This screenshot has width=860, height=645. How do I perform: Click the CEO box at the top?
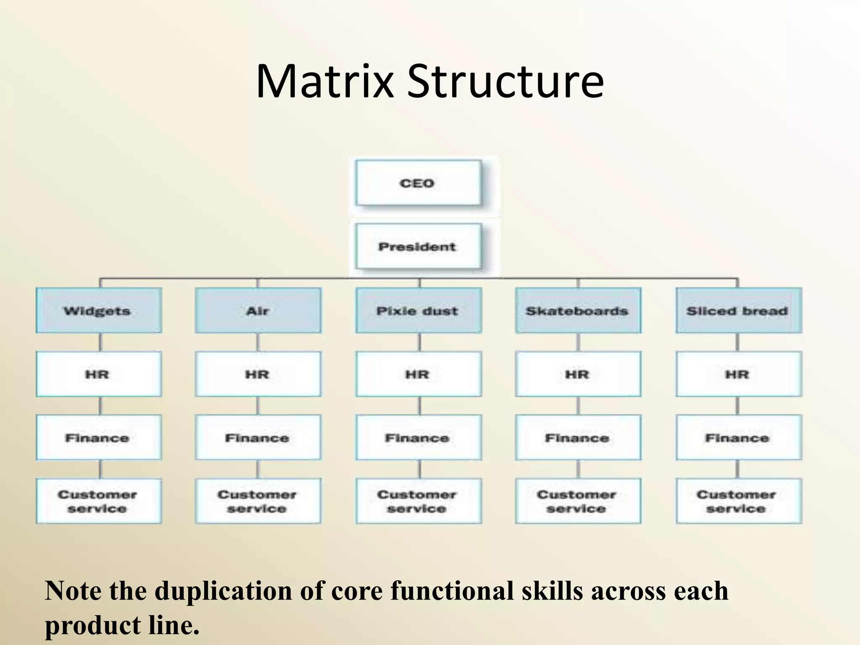click(x=418, y=183)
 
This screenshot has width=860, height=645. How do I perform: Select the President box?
click(x=418, y=246)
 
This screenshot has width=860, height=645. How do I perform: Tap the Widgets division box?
click(x=99, y=311)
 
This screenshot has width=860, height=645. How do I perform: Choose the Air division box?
click(x=258, y=311)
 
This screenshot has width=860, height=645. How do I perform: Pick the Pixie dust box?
click(x=418, y=311)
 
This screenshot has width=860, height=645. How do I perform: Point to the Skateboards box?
click(x=578, y=311)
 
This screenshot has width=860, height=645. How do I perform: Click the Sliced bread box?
click(x=738, y=311)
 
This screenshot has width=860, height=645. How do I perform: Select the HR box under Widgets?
click(x=99, y=374)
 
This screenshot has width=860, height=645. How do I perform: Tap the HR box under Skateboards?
click(x=578, y=374)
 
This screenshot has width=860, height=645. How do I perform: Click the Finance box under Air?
click(x=258, y=438)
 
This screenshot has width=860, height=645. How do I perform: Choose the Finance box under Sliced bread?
click(x=738, y=438)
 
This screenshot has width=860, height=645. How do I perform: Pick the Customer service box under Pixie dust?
click(x=418, y=501)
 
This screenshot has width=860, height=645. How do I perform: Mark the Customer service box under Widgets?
click(x=99, y=501)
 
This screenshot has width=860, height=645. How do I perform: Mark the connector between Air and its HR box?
click(x=258, y=342)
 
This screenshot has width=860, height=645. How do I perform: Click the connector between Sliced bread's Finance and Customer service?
click(x=738, y=469)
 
